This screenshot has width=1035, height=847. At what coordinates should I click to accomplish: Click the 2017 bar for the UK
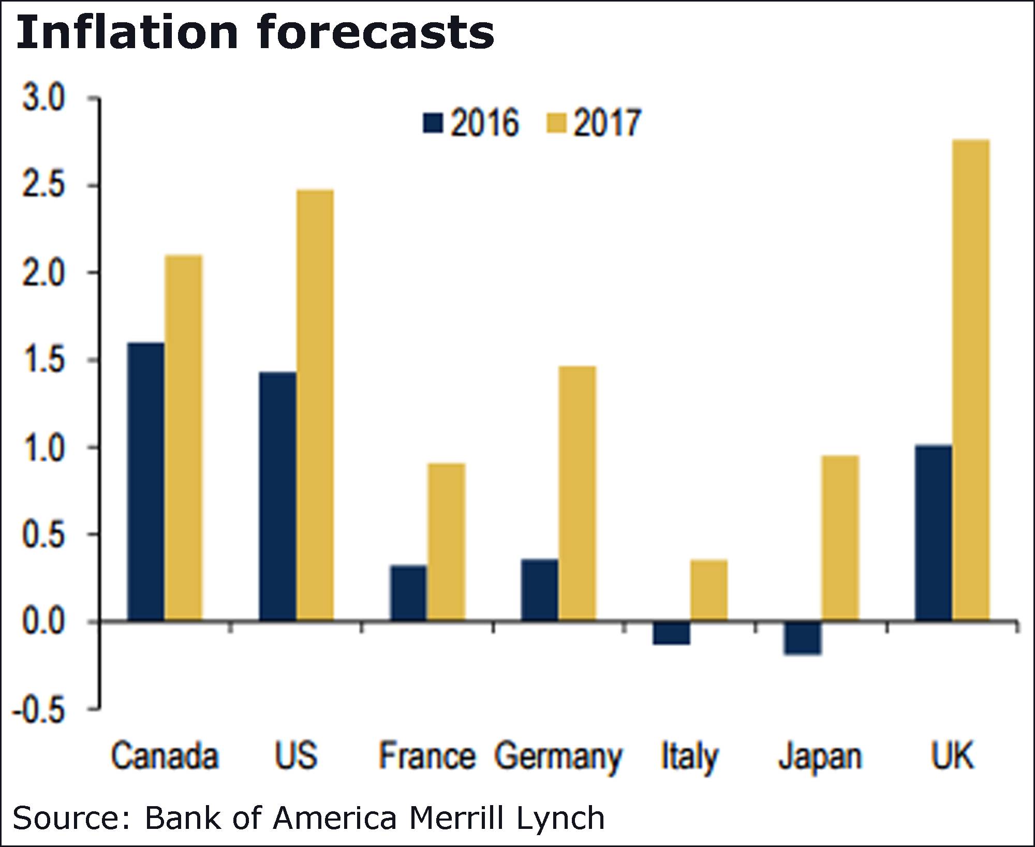tap(970, 380)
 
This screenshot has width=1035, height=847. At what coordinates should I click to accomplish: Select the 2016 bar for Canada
tap(146, 481)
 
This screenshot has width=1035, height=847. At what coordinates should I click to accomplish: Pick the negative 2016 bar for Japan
tap(802, 637)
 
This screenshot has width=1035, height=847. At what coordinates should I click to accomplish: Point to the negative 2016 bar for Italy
tap(671, 632)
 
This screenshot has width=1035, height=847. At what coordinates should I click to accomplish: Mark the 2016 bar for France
tap(408, 593)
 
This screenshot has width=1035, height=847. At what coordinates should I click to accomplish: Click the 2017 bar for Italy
tap(708, 590)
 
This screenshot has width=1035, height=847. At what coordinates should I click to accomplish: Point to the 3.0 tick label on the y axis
tap(44, 98)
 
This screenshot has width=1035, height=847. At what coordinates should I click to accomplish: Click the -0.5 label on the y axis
tap(40, 710)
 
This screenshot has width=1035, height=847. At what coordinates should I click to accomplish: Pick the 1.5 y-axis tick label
tap(44, 361)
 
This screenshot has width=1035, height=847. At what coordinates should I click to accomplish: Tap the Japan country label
tap(820, 757)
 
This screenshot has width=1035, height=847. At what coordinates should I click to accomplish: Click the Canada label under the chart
tap(165, 756)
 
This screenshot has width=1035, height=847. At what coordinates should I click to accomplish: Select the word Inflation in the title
tap(127, 32)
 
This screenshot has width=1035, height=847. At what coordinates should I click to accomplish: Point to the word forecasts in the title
tap(375, 32)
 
